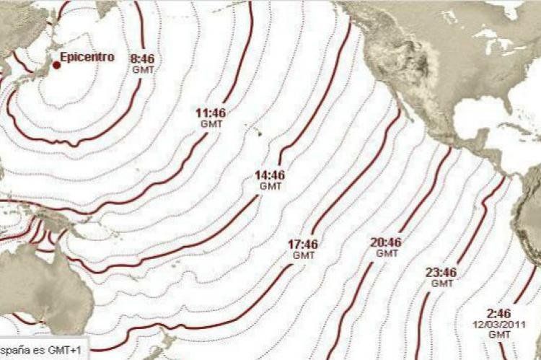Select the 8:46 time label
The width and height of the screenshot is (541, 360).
[x=143, y=59]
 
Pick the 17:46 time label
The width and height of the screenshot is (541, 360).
[x=304, y=245]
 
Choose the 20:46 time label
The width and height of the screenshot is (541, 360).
[x=387, y=242]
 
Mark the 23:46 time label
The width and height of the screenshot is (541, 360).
[x=441, y=273]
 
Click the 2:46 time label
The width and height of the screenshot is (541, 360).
[x=499, y=314]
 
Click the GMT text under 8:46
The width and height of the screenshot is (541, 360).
[x=143, y=69]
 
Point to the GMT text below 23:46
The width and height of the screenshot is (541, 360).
[x=441, y=284]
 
